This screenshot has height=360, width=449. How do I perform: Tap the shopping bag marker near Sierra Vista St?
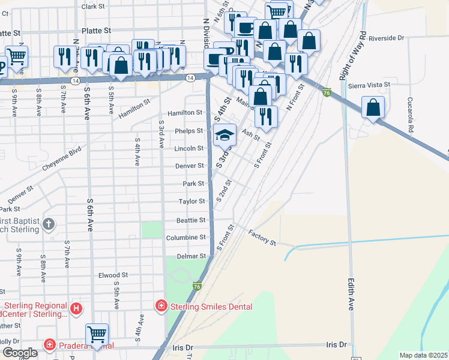[x=373, y=108]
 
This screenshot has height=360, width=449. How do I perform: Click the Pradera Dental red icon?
[x=50, y=345]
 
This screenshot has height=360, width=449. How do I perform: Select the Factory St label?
[x=262, y=238]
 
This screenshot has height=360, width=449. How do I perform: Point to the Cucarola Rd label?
[x=411, y=115]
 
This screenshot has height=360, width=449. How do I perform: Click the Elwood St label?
[x=113, y=275]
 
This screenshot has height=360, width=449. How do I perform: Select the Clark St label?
[x=93, y=7]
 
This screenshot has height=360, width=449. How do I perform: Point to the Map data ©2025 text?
[x=423, y=355]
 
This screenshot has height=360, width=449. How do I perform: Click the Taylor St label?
[x=193, y=202]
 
